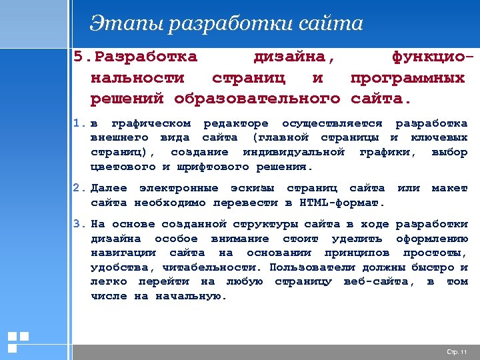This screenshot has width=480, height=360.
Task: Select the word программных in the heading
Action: pos(407,79)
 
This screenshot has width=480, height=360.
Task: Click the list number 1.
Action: pos(79,124)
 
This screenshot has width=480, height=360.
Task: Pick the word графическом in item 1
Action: pos(151,124)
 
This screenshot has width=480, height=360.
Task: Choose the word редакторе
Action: pos(236,124)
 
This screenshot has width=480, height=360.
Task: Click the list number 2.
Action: pos(79,189)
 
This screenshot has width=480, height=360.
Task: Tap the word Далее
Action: pos(109,189)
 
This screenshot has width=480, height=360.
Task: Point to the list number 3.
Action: pos(79,225)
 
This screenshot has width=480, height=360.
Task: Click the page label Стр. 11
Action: pos(456,351)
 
